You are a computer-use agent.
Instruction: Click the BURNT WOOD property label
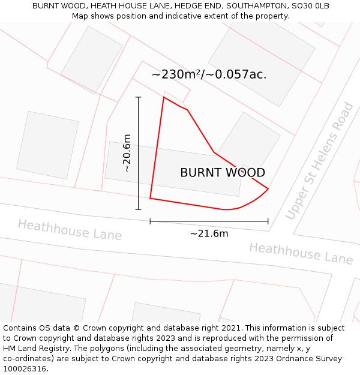223,173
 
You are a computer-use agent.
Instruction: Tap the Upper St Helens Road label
320,161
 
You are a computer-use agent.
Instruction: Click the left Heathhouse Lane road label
70,229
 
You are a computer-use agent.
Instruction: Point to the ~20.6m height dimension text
127,153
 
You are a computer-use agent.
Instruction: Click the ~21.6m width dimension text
209,233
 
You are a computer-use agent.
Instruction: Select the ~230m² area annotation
209,74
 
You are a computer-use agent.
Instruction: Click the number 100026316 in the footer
25,369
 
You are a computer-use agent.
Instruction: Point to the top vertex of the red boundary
164,97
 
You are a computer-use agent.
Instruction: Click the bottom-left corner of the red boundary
150,198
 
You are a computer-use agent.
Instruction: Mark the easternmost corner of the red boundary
268,189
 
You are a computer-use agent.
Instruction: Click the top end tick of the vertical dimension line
139,97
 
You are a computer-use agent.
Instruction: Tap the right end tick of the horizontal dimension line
268,221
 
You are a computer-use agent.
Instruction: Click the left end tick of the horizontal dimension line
150,221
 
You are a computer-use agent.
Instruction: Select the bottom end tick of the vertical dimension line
139,209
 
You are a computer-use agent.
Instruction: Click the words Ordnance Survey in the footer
314,359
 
